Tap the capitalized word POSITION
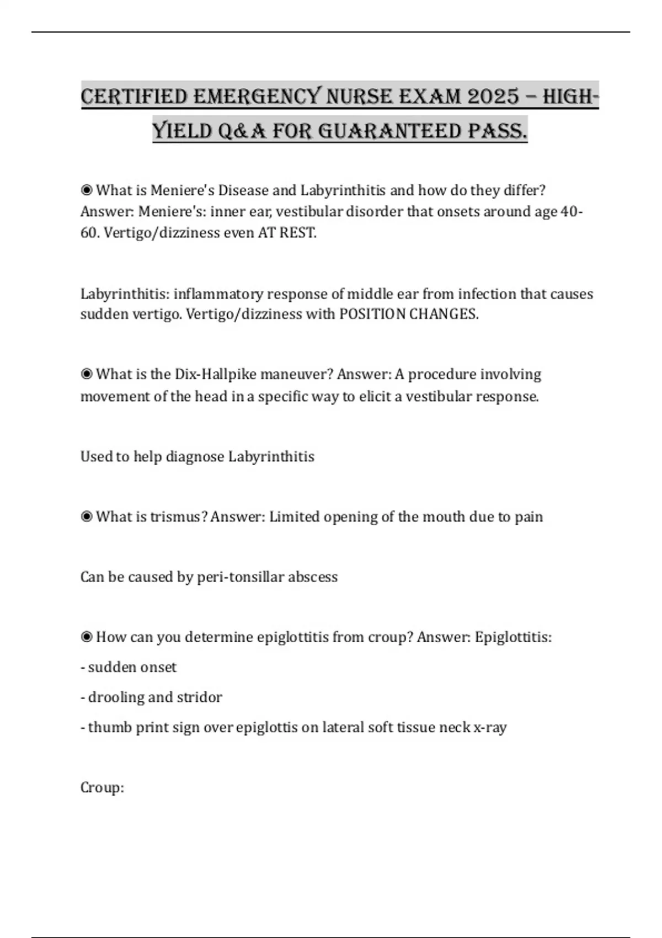372,314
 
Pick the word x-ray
490,727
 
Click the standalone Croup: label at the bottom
102,787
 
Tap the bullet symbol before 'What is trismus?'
87,517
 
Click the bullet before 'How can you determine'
87,637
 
